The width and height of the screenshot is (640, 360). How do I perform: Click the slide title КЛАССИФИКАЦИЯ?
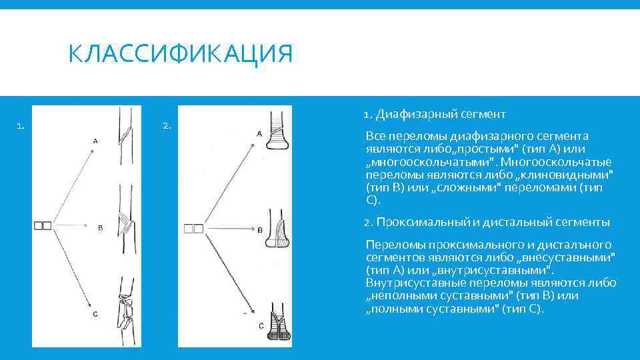point(180,54)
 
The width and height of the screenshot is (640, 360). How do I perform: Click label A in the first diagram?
point(95,141)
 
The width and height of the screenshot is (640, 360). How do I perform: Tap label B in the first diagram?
point(100,228)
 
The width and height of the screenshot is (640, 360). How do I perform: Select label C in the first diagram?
point(95,314)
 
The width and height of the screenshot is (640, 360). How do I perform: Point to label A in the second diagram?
point(259,134)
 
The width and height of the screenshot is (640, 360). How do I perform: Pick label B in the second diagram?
point(259,229)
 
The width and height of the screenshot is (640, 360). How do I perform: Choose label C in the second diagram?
point(261,325)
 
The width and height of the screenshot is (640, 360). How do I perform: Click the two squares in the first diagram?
point(43,226)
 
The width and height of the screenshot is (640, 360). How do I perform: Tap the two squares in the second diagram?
point(193,229)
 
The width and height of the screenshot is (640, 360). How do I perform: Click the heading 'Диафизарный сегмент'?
point(440,114)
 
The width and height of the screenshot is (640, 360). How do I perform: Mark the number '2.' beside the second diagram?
point(167,125)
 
